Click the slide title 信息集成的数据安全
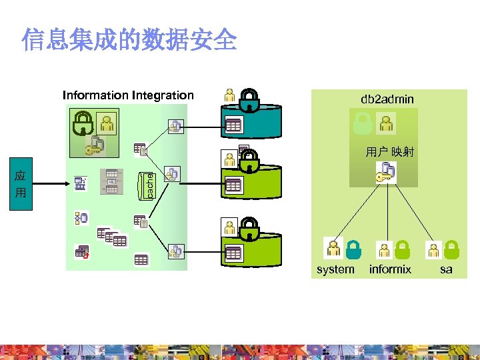[129, 40]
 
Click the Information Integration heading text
[128, 95]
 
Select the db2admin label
[387, 99]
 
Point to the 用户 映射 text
[390, 152]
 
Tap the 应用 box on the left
[20, 184]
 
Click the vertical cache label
[150, 185]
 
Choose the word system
[335, 269]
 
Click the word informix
[390, 269]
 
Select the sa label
[446, 269]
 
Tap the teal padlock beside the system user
[354, 249]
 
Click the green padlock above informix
[403, 249]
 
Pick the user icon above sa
[434, 250]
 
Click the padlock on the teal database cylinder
[249, 100]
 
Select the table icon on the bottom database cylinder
[233, 253]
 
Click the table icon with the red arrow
[82, 252]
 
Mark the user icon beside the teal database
[230, 95]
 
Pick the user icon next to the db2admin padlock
[385, 123]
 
